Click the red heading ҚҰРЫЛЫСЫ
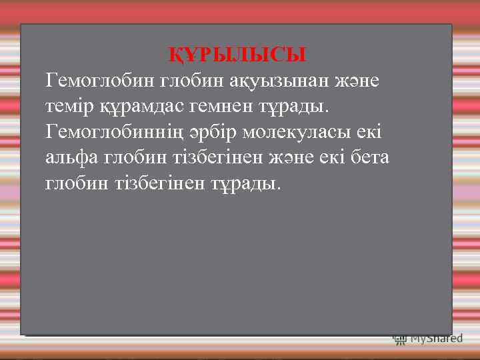[237, 54]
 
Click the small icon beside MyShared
[399, 339]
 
